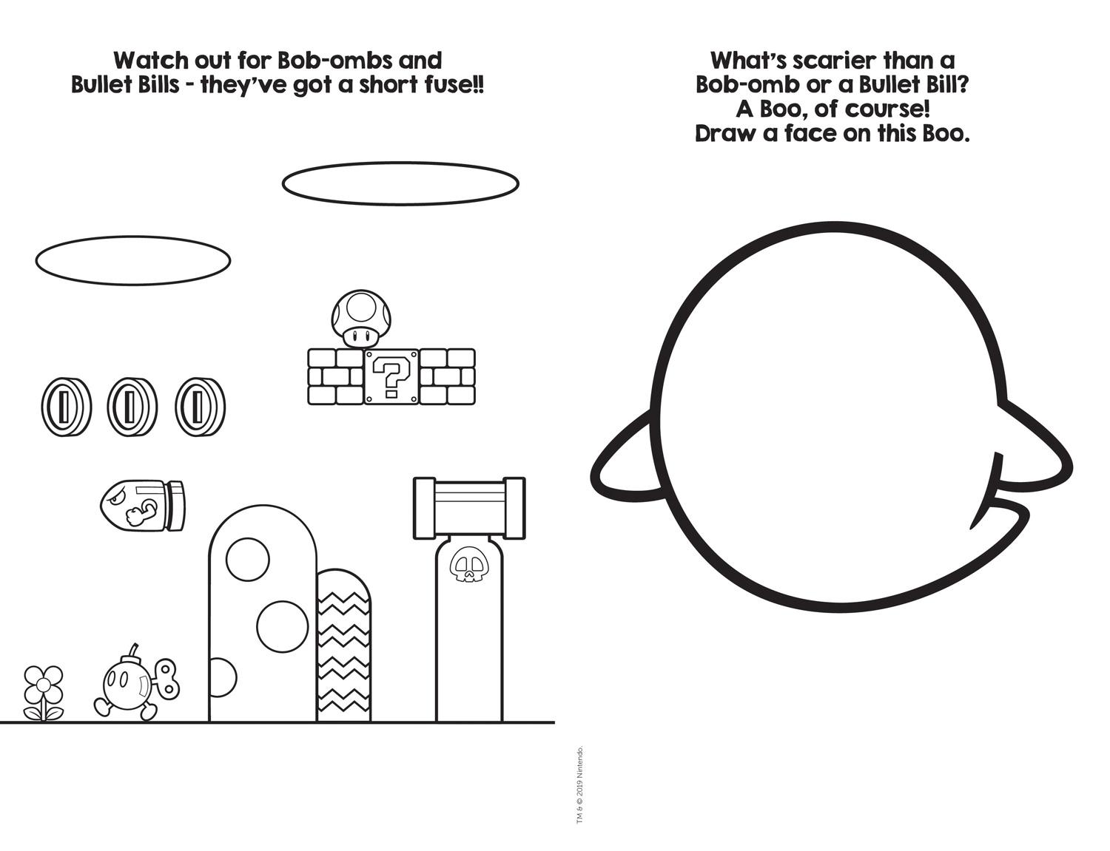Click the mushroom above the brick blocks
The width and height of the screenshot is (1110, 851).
pos(362,317)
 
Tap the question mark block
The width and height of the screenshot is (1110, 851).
pos(391,377)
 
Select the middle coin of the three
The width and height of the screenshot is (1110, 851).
pos(132,407)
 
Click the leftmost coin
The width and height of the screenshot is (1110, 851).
pos(67,407)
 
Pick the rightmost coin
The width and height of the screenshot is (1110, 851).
pos(200,407)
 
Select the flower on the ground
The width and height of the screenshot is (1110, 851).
pos(44,693)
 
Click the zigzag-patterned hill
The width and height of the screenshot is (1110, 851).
pos(343,645)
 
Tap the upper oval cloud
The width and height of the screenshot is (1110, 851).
pos(400,183)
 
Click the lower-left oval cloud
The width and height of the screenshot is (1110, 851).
pos(132,260)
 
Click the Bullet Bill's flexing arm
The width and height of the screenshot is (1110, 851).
pos(142,511)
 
